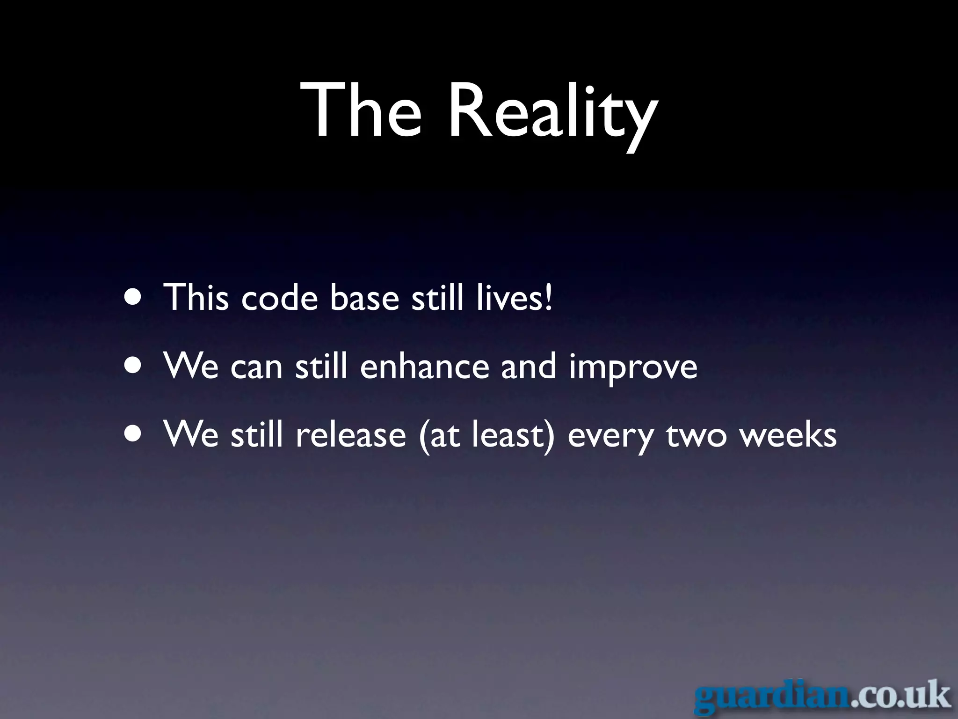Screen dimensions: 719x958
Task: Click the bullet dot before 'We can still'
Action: coord(134,367)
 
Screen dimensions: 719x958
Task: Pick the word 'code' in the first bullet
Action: coord(279,298)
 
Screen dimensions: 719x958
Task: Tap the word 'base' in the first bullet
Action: coord(364,298)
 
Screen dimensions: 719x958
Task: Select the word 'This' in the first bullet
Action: coord(196,297)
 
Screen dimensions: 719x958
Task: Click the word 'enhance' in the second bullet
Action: coord(424,367)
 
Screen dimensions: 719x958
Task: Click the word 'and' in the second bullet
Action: coord(529,367)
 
